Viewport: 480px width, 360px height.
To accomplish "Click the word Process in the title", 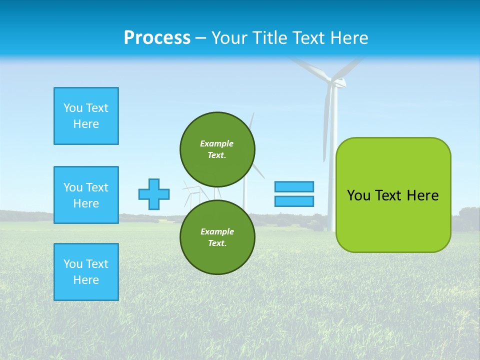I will coord(157,38).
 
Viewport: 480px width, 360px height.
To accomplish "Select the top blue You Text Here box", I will coord(86,116).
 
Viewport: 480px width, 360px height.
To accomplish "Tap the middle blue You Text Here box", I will coord(86,195).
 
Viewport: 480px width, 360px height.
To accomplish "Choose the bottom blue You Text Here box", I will coord(86,272).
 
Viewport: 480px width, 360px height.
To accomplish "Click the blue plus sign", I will coord(154,194).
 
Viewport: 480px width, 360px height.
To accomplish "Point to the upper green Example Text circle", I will coord(217,149).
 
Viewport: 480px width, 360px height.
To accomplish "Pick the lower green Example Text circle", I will coord(217,237).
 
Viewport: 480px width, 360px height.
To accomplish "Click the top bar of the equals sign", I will coord(294,186).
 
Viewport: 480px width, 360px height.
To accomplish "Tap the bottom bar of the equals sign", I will coord(294,201).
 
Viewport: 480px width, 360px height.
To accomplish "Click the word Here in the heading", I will coord(349,38).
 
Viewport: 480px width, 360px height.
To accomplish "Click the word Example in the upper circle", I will coord(217,143).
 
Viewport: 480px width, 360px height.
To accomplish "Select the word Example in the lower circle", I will coord(217,231).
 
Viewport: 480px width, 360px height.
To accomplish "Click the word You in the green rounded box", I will coord(358,195).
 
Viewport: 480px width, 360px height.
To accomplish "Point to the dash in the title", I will coord(201,38).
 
